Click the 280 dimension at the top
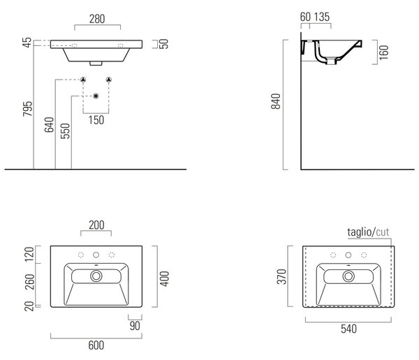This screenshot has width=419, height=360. point(97,20)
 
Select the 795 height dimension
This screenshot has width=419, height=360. point(27,109)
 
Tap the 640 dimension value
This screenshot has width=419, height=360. point(49,125)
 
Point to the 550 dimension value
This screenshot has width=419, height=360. point(65,131)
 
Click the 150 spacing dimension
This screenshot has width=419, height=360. point(96,120)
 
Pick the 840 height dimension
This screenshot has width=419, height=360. point(276,101)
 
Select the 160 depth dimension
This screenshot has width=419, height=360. point(383,52)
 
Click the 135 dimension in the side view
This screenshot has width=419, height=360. point(322,17)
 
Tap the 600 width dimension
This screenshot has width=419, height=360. point(96,345)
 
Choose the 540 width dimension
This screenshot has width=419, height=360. point(348,329)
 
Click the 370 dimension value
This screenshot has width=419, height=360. point(281,277)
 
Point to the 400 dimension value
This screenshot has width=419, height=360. point(165,279)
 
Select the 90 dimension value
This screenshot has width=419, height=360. point(135,326)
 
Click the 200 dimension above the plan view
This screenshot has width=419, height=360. point(96,225)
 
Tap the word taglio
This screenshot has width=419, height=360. point(360,232)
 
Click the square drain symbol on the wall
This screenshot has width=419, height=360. point(96,96)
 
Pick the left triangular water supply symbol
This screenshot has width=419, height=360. point(83,80)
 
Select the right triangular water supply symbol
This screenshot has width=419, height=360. point(108,80)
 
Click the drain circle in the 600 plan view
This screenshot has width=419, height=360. point(96,276)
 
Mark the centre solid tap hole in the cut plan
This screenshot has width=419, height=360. point(348,255)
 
